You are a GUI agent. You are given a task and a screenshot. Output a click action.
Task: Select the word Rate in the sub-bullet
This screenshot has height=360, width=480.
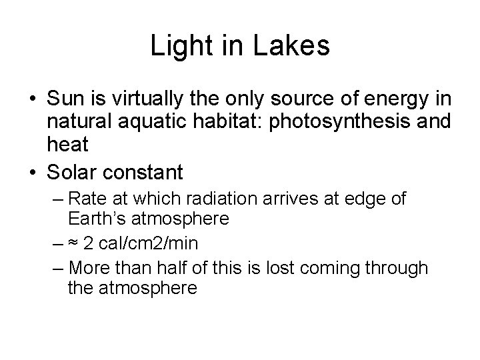tap(85, 199)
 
